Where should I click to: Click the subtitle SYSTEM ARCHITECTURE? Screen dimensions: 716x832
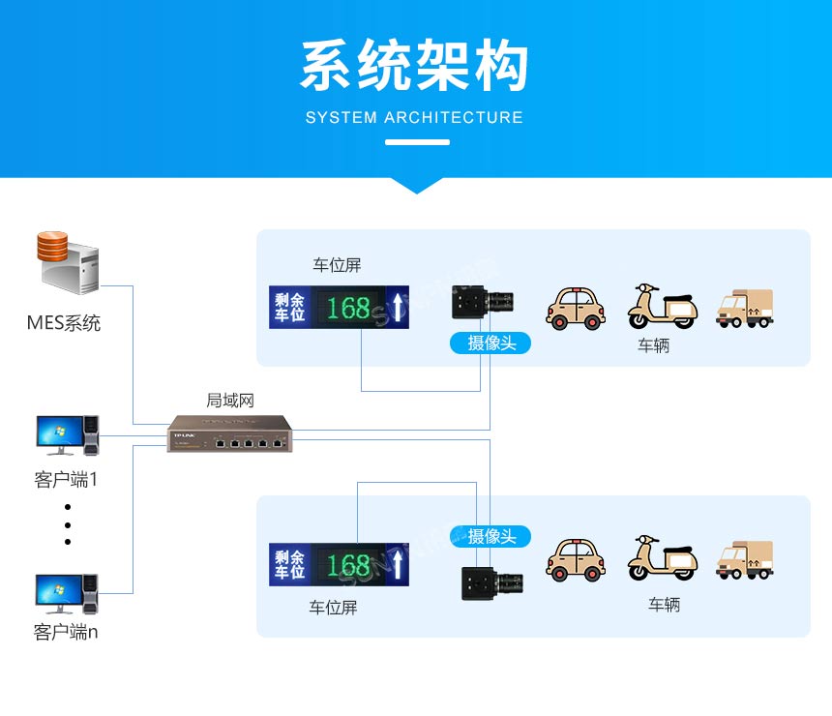414,118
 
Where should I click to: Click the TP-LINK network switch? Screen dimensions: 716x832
229,435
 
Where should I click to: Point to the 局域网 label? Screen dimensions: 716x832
230,400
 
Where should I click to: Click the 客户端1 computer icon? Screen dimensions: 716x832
67,435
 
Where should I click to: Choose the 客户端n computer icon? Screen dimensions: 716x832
67,594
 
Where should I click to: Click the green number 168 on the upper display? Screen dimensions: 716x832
348,308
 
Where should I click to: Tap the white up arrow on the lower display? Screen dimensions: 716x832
397,565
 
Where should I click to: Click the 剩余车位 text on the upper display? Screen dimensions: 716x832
289,307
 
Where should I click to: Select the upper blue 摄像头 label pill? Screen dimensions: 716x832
490,343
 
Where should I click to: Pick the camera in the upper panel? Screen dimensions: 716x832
484,303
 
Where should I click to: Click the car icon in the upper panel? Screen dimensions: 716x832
576,307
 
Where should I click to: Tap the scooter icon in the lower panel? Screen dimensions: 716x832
662,558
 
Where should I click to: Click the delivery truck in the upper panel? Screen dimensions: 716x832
744,308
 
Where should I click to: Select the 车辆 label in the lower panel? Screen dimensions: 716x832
664,605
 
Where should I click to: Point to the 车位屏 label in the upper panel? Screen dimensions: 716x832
337,265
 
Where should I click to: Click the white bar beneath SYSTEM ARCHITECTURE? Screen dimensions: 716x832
417,142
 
